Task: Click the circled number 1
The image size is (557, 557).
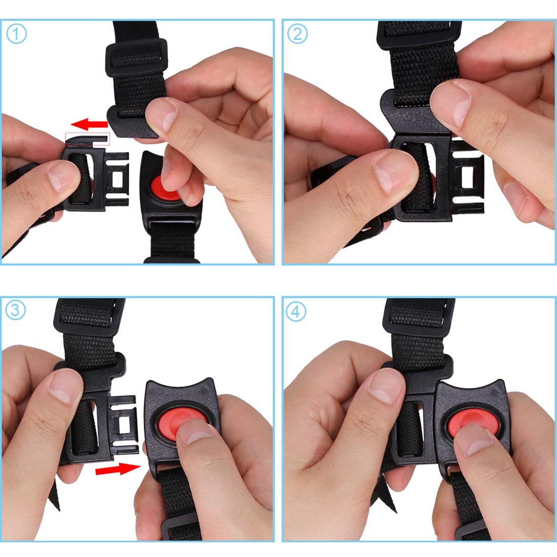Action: tap(16, 34)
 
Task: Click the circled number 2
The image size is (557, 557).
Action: tap(297, 34)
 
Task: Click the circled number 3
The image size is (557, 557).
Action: tap(16, 310)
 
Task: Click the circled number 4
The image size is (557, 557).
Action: tap(296, 311)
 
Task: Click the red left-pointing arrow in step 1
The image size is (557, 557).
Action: tap(89, 125)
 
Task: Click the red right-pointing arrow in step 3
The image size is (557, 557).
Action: tap(118, 469)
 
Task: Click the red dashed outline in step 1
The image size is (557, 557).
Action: tap(88, 139)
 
